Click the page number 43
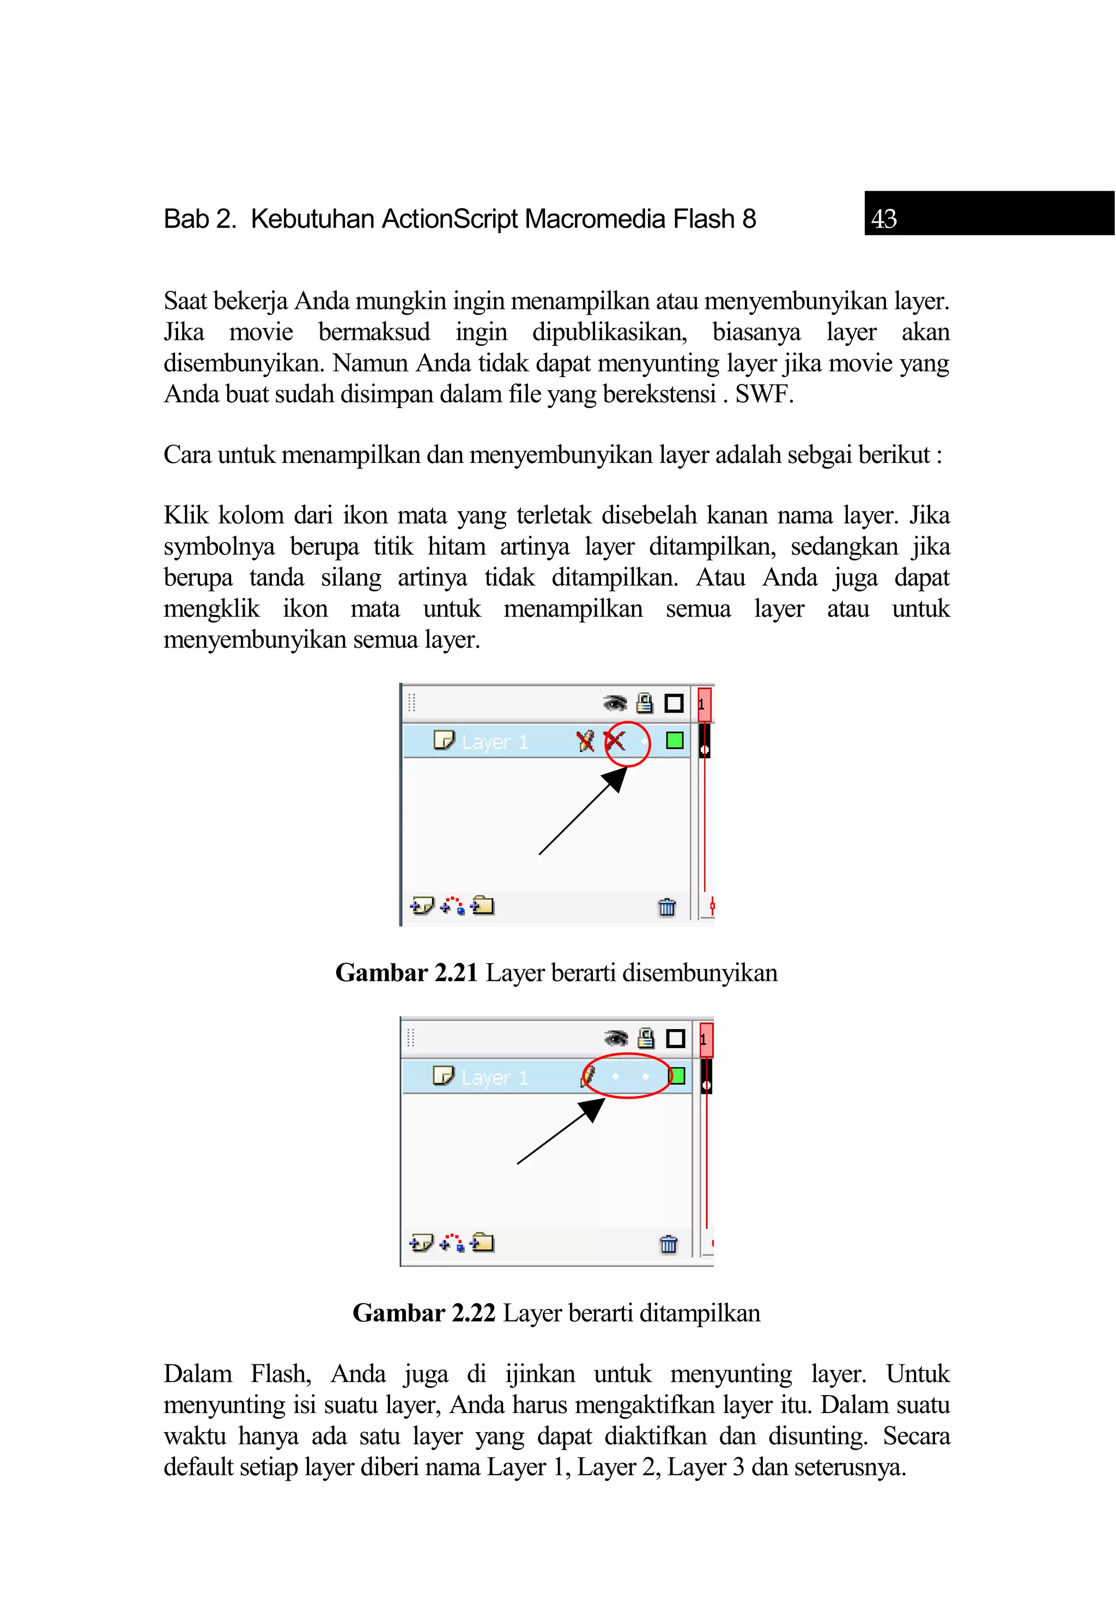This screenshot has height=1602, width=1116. [x=883, y=219]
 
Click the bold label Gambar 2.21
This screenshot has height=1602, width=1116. [x=406, y=973]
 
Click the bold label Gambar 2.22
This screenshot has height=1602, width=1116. [x=423, y=1313]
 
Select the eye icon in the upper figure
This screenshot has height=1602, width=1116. [x=615, y=703]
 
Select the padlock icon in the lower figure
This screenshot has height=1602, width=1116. [x=646, y=1038]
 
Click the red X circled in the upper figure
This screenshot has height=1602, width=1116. [x=615, y=740]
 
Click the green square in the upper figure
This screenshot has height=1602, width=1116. [x=674, y=740]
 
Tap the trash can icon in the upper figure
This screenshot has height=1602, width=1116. [x=666, y=906]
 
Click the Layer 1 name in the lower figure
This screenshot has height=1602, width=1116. [x=495, y=1078]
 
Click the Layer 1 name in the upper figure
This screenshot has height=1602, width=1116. [x=495, y=742]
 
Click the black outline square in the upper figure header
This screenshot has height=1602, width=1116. [x=674, y=703]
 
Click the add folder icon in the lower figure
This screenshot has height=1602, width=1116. [x=482, y=1242]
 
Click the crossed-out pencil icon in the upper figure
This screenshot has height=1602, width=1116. [x=585, y=741]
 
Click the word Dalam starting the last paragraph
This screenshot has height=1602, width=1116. [x=197, y=1374]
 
